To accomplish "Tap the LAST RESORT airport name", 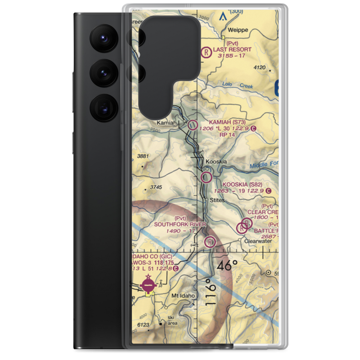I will [x=232, y=50].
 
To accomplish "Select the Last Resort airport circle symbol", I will [x=206, y=53].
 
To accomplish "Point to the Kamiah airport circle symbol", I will [x=193, y=125].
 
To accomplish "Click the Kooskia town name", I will [x=216, y=162].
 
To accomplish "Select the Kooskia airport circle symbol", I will [x=206, y=177].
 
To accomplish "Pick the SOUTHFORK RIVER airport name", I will [x=180, y=224].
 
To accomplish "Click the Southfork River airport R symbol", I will [x=210, y=242].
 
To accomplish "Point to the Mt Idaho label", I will [x=183, y=296].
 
